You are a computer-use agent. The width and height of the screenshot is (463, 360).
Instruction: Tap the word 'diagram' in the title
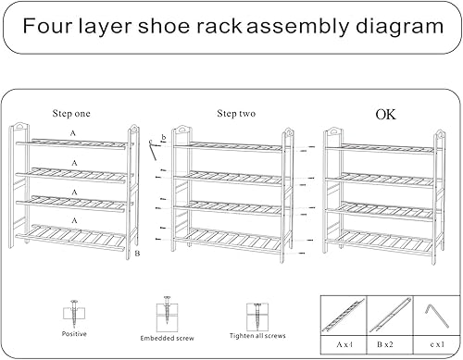[391, 28]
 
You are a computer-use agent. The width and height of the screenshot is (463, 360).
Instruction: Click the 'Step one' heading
[72, 114]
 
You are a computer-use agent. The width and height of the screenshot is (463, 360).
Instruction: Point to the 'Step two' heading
[236, 114]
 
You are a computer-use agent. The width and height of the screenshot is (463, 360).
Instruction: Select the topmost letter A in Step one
[72, 134]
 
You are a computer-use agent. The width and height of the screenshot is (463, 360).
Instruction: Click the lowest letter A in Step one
[72, 219]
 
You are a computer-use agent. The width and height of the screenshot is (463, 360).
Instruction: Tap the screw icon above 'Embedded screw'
[167, 311]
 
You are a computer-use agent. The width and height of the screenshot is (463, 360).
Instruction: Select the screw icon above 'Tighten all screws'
[251, 313]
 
